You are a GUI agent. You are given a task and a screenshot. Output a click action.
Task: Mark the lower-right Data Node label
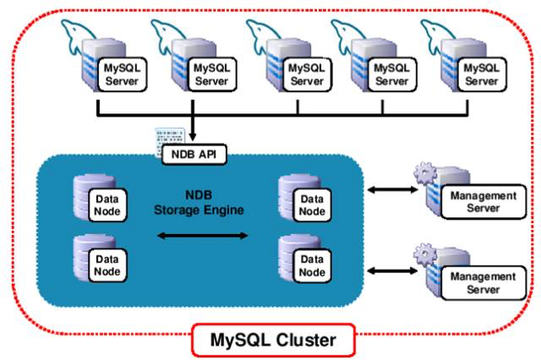point(310,266)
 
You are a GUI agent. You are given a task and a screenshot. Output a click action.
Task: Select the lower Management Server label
point(483,282)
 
